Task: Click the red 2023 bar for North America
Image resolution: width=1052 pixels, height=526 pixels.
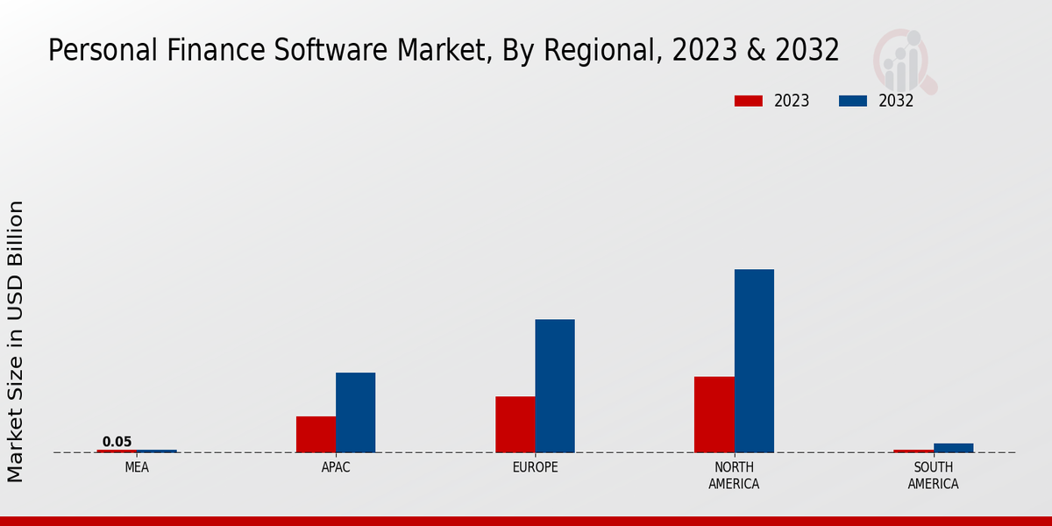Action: tap(714, 415)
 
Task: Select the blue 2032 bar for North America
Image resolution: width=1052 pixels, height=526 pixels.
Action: tap(754, 361)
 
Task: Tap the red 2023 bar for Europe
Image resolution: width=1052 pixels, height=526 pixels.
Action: tap(515, 424)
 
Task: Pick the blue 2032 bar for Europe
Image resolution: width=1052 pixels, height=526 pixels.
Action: tap(555, 386)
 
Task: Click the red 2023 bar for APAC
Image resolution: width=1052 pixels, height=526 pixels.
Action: tap(316, 434)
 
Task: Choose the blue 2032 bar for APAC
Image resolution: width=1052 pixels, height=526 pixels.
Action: tap(355, 412)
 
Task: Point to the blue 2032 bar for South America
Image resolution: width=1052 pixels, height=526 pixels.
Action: tap(953, 448)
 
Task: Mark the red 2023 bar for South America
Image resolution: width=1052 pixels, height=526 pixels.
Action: tap(913, 451)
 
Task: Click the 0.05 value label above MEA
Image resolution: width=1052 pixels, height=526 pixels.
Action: tap(117, 442)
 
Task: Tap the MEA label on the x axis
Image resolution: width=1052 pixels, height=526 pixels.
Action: tap(137, 467)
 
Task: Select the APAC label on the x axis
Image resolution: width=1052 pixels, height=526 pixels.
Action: tap(336, 467)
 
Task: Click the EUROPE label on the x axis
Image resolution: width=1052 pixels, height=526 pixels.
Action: tap(535, 467)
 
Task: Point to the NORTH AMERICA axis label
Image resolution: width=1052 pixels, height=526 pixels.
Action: tap(734, 475)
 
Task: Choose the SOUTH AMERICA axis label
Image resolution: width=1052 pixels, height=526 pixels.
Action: tap(933, 475)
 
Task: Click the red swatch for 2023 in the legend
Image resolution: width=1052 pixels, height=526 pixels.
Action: tap(749, 101)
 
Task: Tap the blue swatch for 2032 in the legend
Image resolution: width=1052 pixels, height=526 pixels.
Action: tap(853, 101)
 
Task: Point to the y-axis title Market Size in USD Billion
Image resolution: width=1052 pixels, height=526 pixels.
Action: tap(16, 341)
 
